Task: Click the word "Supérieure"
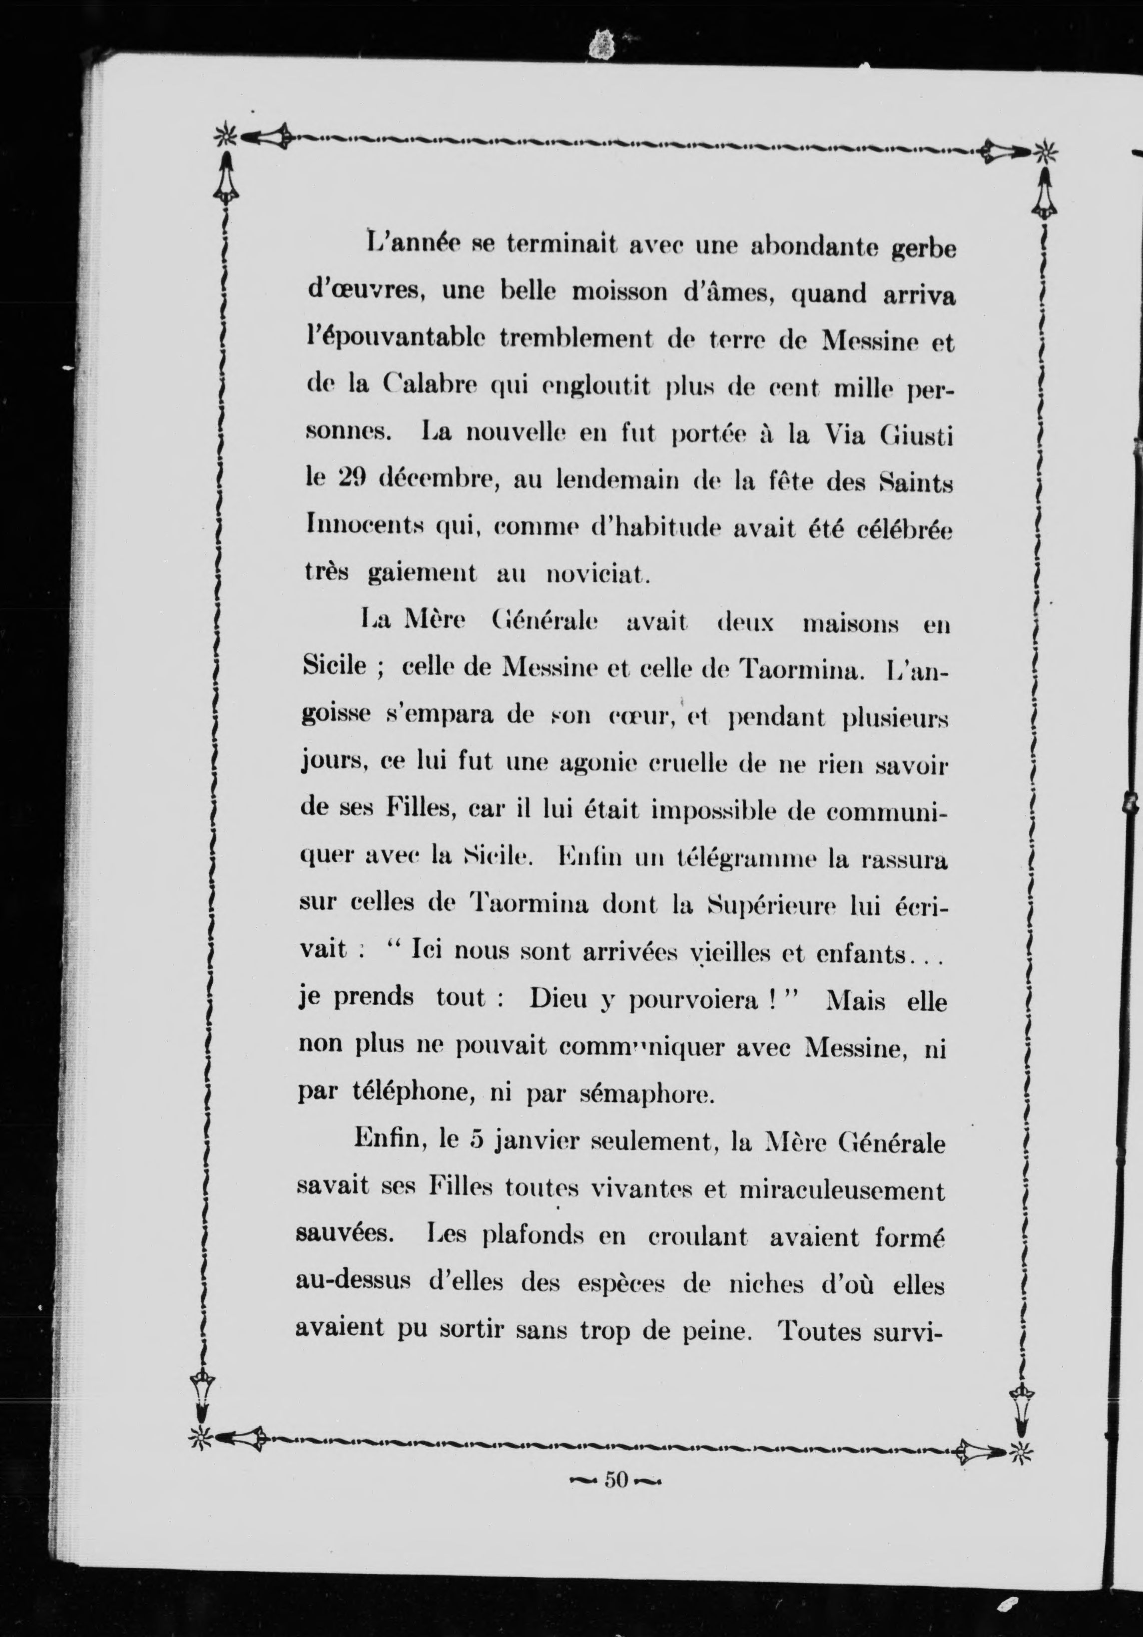pos(756,907)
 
